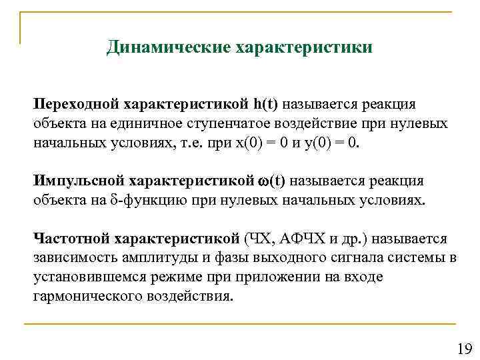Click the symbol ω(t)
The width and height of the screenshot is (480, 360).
point(271,181)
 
